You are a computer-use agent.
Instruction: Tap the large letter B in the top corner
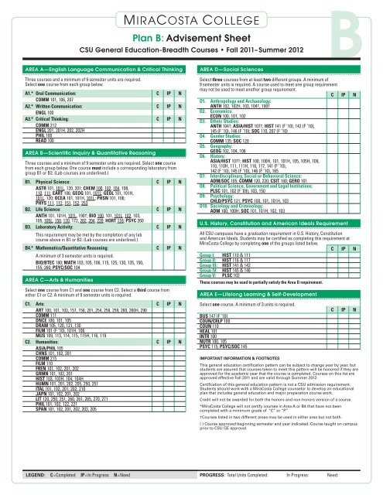363,31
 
